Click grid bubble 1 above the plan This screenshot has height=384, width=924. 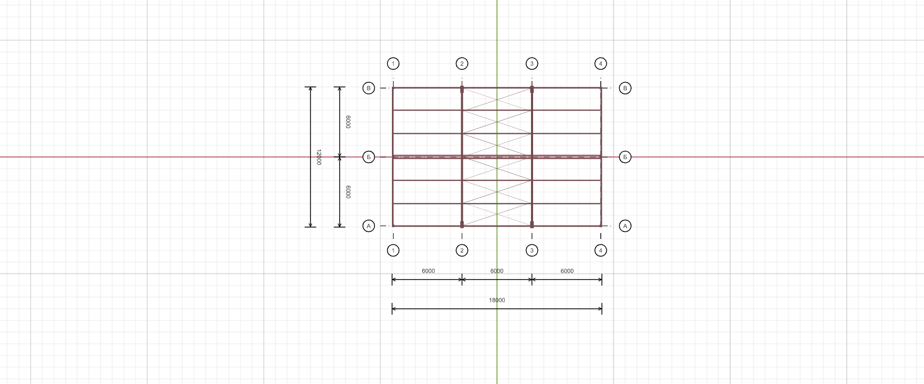(x=393, y=64)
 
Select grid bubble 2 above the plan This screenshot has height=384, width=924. (x=462, y=64)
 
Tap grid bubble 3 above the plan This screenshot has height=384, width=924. (x=531, y=64)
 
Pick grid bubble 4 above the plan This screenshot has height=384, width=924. (x=601, y=64)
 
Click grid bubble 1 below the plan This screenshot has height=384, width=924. (x=393, y=250)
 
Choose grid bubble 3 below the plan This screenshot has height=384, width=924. (x=531, y=250)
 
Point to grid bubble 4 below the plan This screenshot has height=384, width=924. (x=601, y=250)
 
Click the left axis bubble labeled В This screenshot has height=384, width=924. (x=369, y=88)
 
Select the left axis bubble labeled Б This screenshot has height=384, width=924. (x=369, y=157)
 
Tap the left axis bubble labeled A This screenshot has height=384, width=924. (x=369, y=226)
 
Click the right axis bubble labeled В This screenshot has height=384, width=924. (x=625, y=88)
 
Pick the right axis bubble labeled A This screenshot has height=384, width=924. (x=625, y=226)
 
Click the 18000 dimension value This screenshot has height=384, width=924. (x=497, y=300)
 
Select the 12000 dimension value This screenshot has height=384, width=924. (x=318, y=157)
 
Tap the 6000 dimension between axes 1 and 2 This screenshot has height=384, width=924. (x=428, y=271)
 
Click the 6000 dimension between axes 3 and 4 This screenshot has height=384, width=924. (x=567, y=271)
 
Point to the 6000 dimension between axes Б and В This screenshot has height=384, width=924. (x=348, y=122)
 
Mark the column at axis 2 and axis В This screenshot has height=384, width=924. (x=462, y=90)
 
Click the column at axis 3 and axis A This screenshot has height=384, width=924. (x=531, y=225)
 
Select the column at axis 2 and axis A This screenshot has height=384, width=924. (x=462, y=225)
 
